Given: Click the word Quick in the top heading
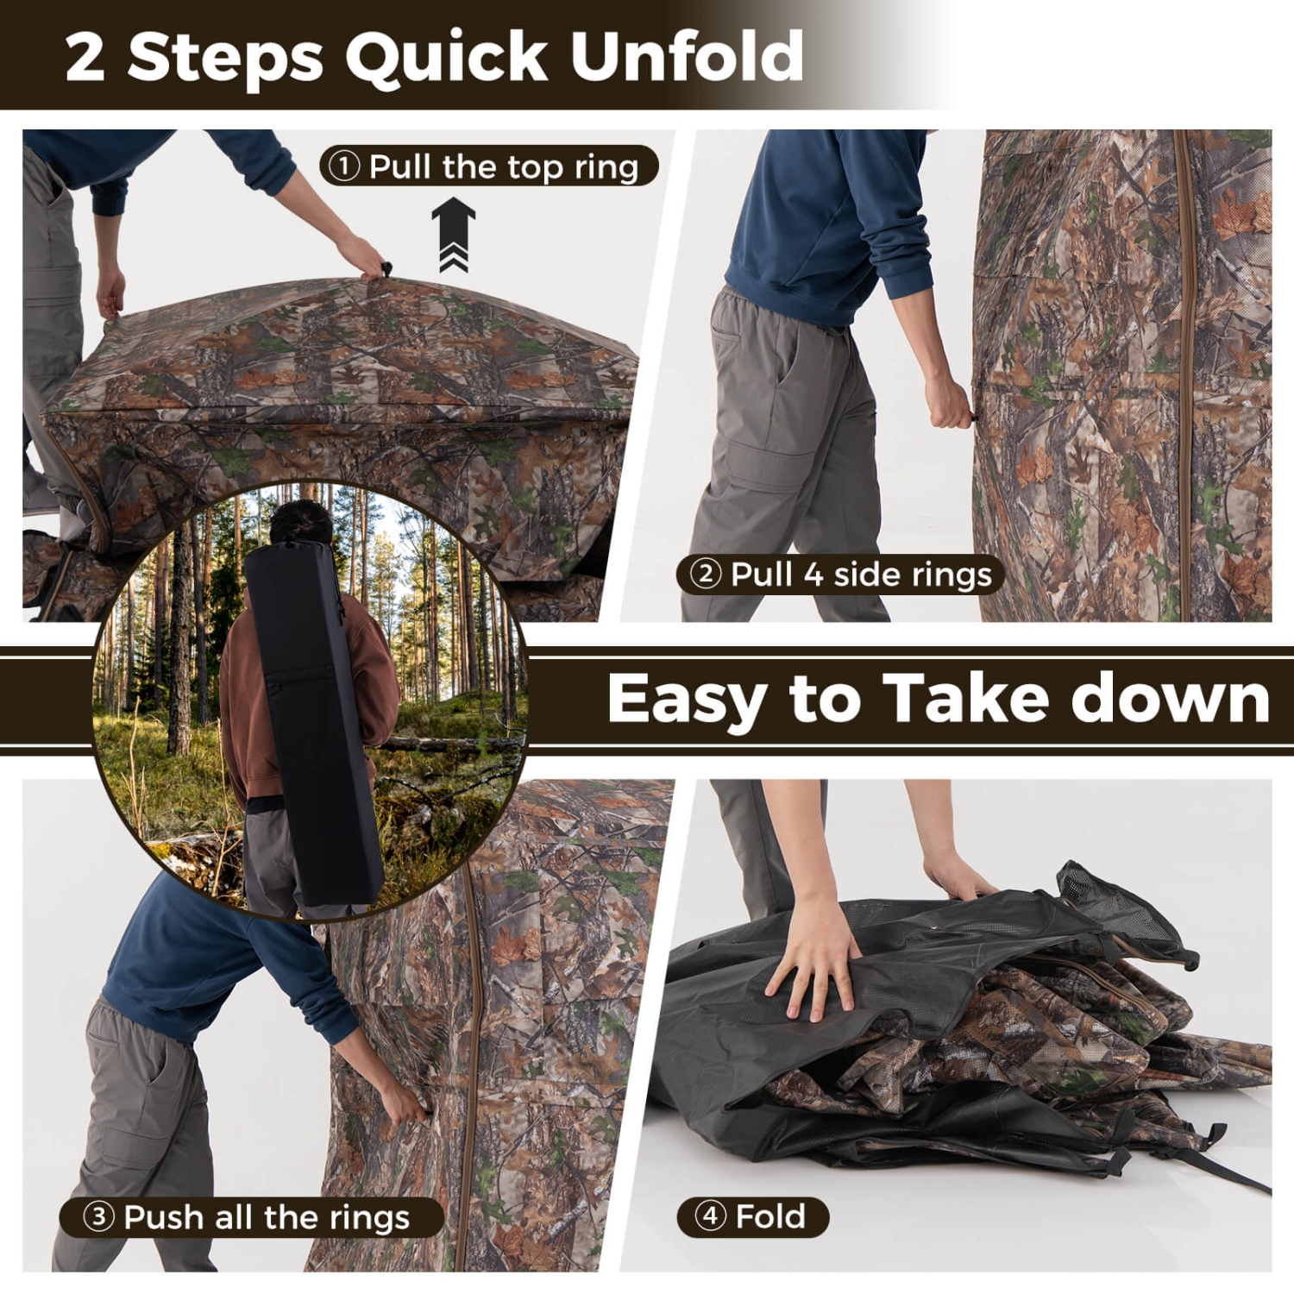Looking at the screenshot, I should [x=446, y=57].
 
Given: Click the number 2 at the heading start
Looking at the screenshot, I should [x=85, y=57].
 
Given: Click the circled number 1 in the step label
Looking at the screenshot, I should [x=344, y=166].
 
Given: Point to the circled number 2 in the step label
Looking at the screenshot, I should [x=705, y=574].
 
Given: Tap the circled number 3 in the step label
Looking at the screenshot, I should [x=98, y=1217].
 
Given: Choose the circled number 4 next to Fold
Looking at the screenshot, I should [x=710, y=1216].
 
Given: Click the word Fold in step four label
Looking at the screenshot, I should [x=770, y=1216].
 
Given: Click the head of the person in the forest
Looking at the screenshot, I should [x=300, y=523].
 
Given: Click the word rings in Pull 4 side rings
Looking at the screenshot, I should [x=955, y=575].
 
